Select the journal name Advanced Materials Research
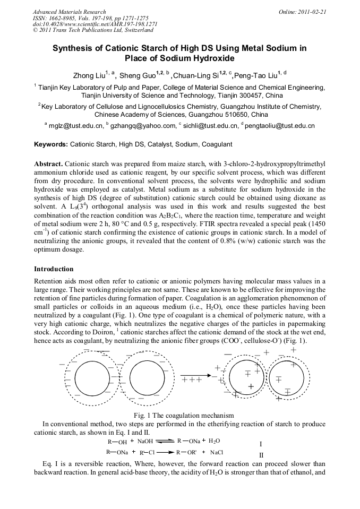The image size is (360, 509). coord(69,11)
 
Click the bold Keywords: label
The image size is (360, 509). coord(51,144)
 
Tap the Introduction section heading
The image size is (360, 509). coord(54,269)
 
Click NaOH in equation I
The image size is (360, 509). coord(144,441)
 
